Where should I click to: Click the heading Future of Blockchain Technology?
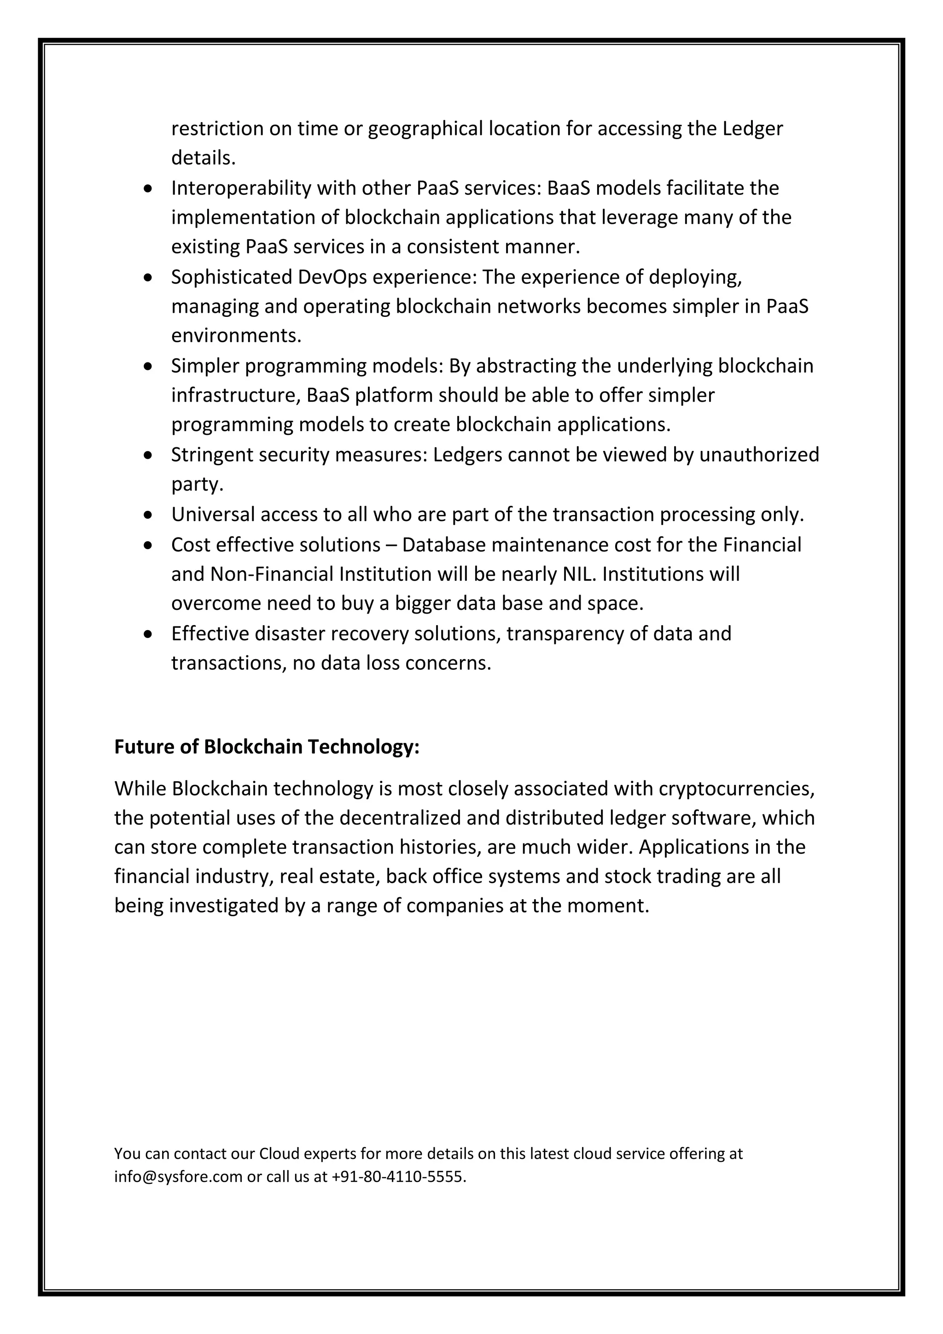click(267, 747)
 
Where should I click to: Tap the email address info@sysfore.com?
click(178, 1177)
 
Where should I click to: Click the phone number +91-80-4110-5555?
click(398, 1177)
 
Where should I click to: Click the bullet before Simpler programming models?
click(149, 367)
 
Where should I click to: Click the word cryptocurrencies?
click(736, 789)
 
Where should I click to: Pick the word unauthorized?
click(759, 455)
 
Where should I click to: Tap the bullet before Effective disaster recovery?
click(149, 634)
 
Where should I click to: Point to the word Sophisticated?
click(232, 277)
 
